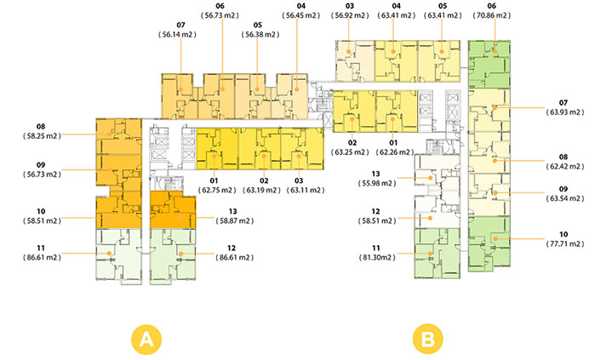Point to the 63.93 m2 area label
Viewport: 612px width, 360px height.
tap(564, 111)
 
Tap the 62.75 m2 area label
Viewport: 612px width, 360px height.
tap(216, 191)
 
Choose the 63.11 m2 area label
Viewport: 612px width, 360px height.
tap(300, 191)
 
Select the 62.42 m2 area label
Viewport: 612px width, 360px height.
tap(564, 167)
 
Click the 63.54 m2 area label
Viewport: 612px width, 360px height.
tap(564, 198)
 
